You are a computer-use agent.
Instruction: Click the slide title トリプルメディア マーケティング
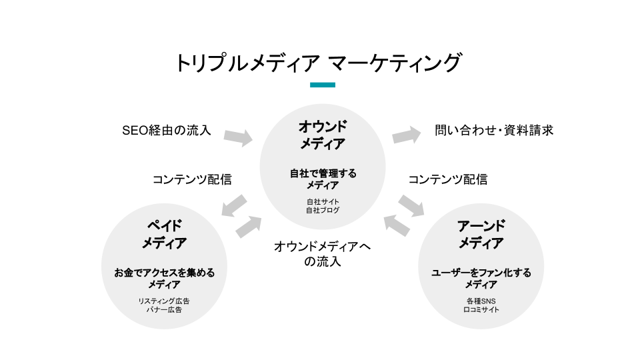click(x=317, y=63)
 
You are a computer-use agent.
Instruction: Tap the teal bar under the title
click(x=323, y=85)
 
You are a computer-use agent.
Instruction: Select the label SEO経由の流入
click(x=167, y=130)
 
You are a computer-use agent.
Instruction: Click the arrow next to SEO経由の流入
click(x=238, y=137)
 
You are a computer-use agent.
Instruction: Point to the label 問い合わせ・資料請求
click(x=494, y=130)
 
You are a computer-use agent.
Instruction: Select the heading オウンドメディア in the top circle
click(x=323, y=135)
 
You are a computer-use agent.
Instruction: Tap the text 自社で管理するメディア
click(x=323, y=179)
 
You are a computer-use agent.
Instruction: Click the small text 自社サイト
click(x=323, y=201)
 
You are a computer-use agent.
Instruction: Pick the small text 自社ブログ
click(x=323, y=211)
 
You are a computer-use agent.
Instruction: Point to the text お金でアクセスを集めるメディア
click(x=164, y=278)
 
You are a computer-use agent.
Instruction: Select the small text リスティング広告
click(x=164, y=301)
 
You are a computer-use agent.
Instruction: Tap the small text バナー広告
click(x=164, y=310)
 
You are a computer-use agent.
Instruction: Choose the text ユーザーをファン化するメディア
click(x=481, y=278)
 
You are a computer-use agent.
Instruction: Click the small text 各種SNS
click(x=481, y=301)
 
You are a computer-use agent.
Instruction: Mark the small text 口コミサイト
click(x=481, y=310)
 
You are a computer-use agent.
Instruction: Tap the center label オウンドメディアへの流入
click(x=323, y=254)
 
